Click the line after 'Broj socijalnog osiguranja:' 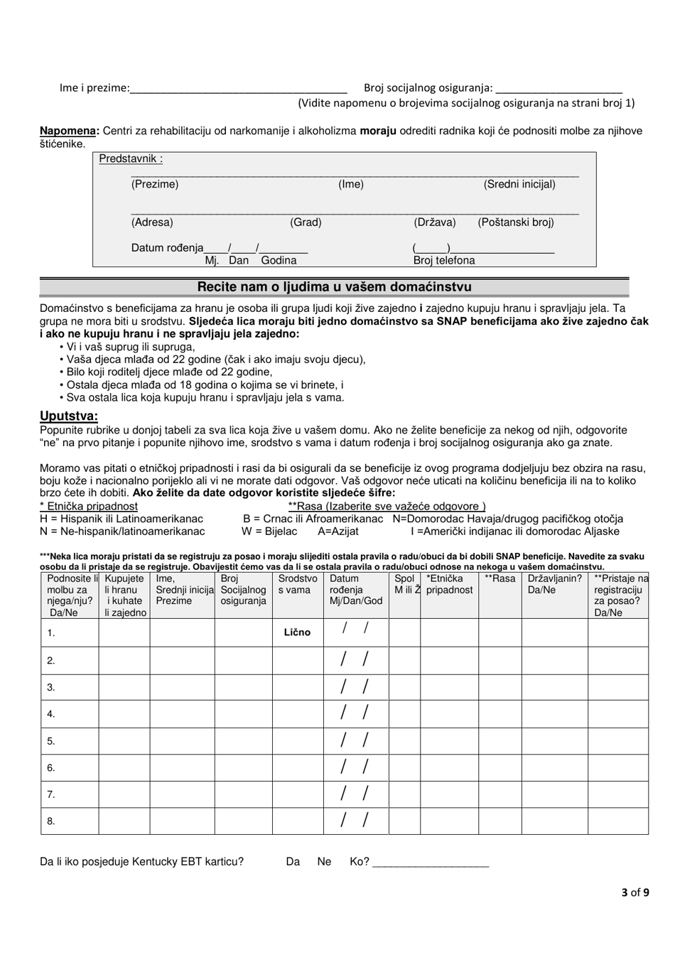[558, 90]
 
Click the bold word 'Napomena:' [70, 131]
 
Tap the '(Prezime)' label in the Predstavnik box [155, 185]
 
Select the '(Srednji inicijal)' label [519, 185]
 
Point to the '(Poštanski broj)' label [515, 222]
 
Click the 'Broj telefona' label [444, 261]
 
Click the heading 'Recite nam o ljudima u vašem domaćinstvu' [334, 287]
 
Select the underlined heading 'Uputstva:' [69, 416]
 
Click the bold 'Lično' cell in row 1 [298, 632]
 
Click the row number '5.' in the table [51, 741]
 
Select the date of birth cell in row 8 [355, 821]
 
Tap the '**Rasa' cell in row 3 [500, 687]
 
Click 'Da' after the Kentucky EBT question [293, 862]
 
